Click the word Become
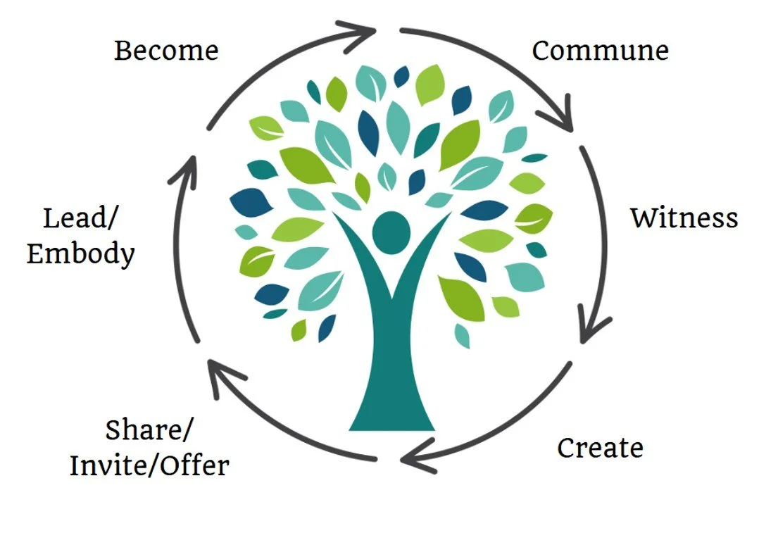(166, 51)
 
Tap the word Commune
(600, 51)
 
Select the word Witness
(684, 218)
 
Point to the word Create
(600, 448)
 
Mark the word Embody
(80, 253)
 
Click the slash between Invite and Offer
(156, 465)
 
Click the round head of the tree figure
(391, 233)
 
